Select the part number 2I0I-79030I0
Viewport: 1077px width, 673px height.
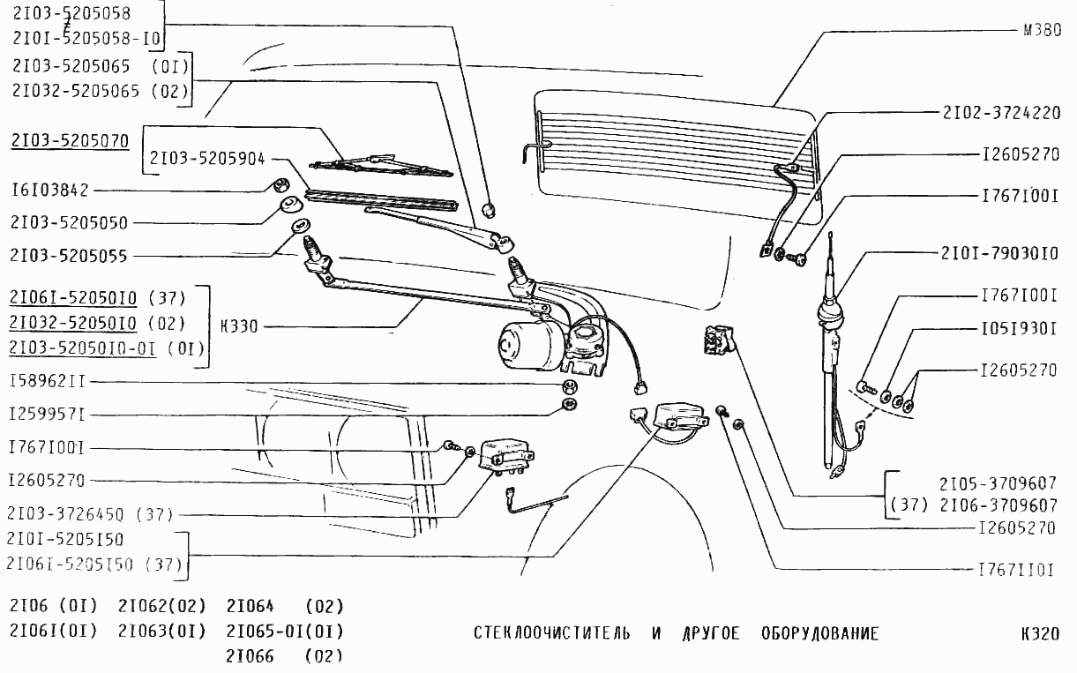click(x=998, y=254)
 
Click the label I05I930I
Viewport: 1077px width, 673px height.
click(x=1019, y=329)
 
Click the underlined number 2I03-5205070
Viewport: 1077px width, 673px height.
click(x=70, y=140)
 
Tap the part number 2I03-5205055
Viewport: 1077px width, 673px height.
click(x=69, y=257)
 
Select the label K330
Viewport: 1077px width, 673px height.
click(x=238, y=326)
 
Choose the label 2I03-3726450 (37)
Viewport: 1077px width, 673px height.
click(x=90, y=514)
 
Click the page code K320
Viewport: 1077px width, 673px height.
click(x=1038, y=634)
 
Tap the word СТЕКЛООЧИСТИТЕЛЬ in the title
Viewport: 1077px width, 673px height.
click(x=551, y=634)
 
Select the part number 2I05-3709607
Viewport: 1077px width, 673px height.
click(x=998, y=484)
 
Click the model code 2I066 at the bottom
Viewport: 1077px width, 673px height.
click(x=251, y=657)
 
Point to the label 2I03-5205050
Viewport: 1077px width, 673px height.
click(x=69, y=222)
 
